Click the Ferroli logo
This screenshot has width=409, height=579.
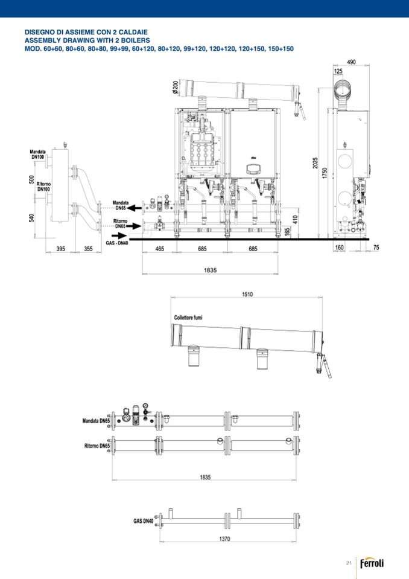pyautogui.click(x=372, y=563)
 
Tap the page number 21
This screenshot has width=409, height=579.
pyautogui.click(x=349, y=563)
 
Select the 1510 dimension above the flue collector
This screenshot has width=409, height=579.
pyautogui.click(x=247, y=294)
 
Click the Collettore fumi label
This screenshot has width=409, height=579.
pyautogui.click(x=188, y=318)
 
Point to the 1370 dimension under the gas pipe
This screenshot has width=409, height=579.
pyautogui.click(x=224, y=539)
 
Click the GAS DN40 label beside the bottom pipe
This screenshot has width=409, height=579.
pyautogui.click(x=144, y=521)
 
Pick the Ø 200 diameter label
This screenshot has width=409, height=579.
pyautogui.click(x=175, y=87)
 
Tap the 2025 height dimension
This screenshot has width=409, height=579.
pyautogui.click(x=315, y=163)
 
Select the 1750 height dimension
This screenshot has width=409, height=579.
pyautogui.click(x=325, y=173)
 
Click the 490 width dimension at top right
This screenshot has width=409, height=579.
pyautogui.click(x=352, y=62)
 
